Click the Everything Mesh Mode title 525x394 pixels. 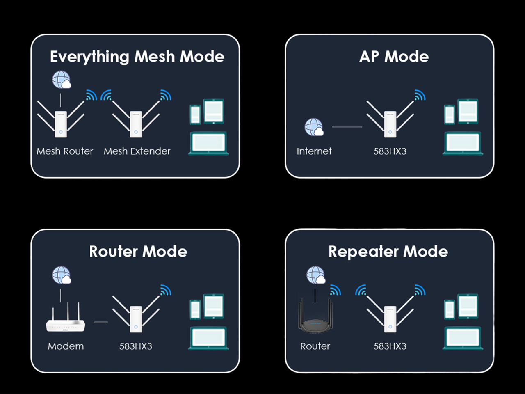coord(137,57)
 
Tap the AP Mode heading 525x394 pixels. coord(394,57)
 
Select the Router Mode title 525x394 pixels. coord(138,252)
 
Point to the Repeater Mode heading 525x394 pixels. coord(388,252)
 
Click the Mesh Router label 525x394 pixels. coord(65,151)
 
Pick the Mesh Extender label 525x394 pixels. coord(137,151)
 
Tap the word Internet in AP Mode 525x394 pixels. coord(314,151)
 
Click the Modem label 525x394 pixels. coord(66,346)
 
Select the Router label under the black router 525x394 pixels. coord(315,346)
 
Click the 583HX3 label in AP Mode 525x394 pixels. coord(390,151)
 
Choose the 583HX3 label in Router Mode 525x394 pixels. coord(136,346)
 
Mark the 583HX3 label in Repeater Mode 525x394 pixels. coord(390,346)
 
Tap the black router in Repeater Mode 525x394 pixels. coord(315,322)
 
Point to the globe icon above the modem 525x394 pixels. coord(62,275)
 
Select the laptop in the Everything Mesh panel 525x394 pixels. coord(208,144)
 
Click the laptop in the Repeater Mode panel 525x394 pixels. coord(463,339)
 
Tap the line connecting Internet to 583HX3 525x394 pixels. coord(347,127)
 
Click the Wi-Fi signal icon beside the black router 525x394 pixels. coord(336,290)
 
